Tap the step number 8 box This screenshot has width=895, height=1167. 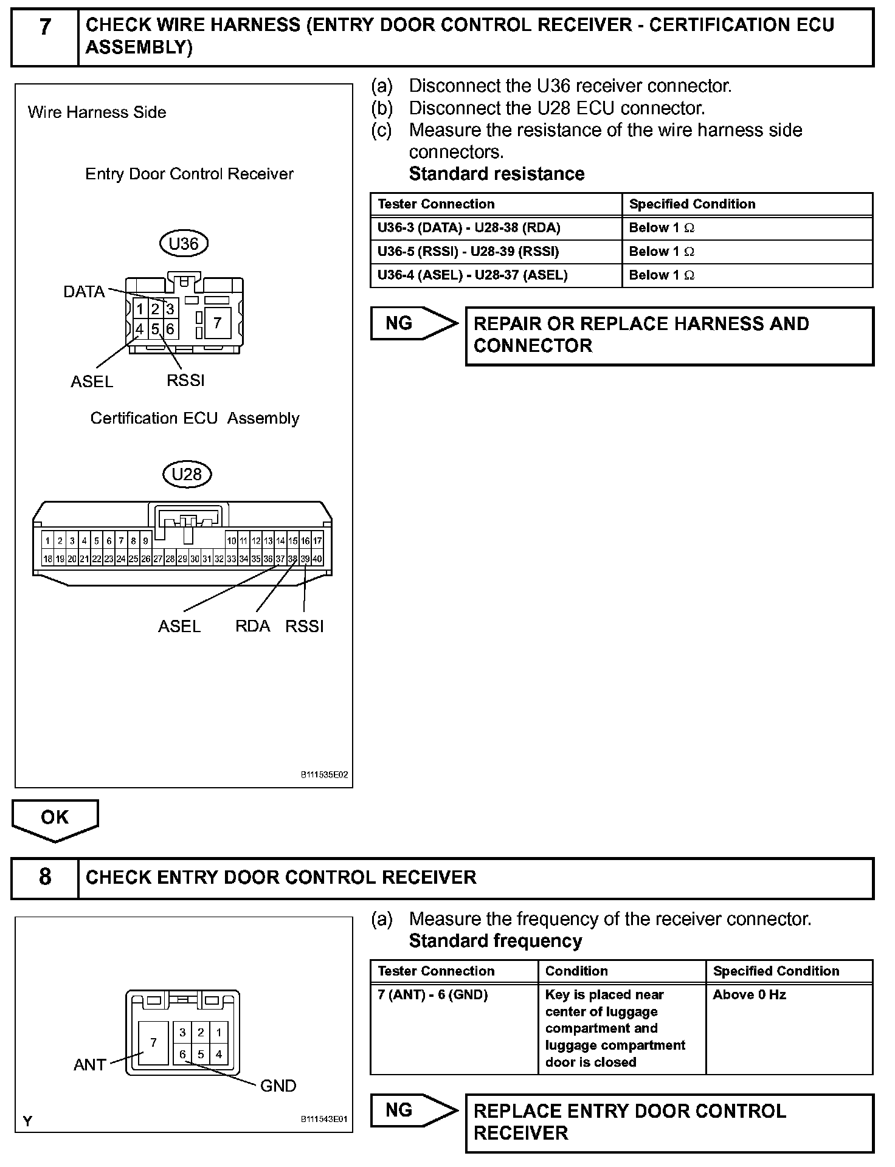45,877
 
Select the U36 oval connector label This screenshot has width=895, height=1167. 184,244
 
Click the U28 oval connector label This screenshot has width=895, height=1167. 187,474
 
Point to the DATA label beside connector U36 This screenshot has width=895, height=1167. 84,292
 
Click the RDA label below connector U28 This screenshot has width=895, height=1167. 252,626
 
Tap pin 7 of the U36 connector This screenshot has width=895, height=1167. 217,322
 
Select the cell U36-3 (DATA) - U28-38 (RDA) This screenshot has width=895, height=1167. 469,228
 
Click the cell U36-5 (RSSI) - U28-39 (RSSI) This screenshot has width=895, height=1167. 468,252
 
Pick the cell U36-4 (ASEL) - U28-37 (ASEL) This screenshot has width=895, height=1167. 472,275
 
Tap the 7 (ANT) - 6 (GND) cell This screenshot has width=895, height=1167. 433,995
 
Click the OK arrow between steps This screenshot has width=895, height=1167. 55,819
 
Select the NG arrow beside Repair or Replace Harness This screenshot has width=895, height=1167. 413,323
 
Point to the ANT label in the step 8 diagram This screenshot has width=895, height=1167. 90,1065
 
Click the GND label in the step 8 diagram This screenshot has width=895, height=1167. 278,1086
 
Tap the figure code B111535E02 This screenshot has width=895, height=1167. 324,775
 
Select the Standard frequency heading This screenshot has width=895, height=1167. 496,941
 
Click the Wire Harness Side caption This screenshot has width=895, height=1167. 97,112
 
